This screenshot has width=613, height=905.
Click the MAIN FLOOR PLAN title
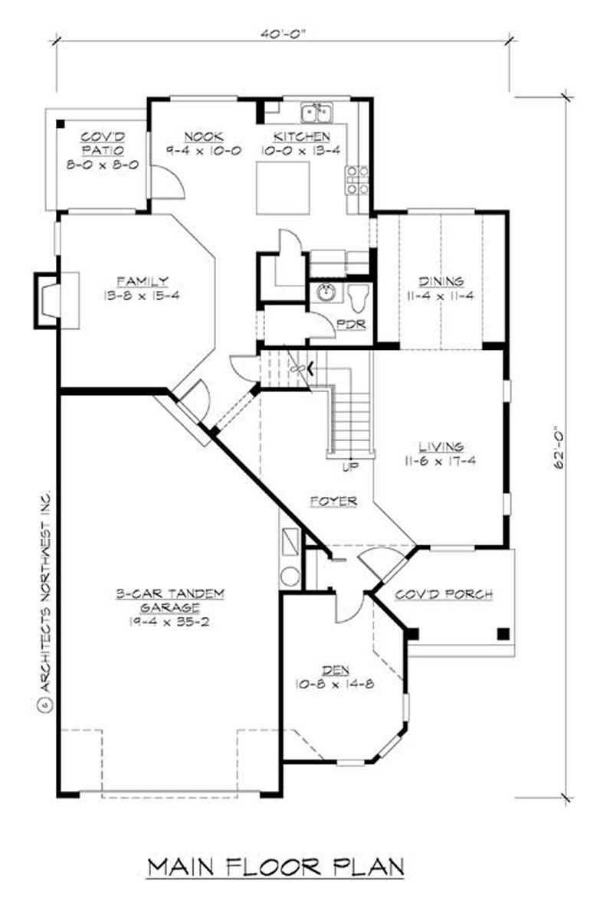275,867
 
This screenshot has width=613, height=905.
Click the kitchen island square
277,191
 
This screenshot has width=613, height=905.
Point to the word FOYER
334,501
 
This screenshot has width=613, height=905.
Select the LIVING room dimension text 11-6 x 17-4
440,459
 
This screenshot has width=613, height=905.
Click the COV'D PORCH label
443,594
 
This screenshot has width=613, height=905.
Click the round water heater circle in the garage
290,577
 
